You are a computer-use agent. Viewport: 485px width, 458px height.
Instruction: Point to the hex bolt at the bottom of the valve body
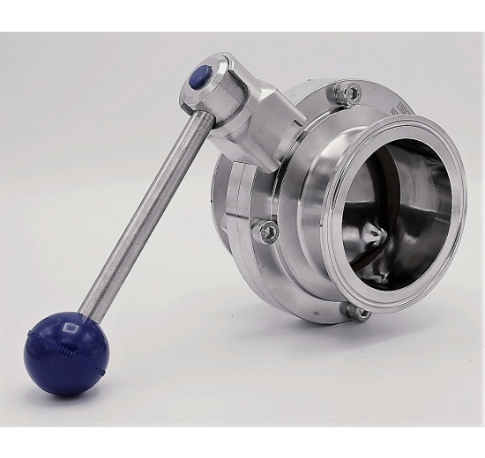click(359, 312)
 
